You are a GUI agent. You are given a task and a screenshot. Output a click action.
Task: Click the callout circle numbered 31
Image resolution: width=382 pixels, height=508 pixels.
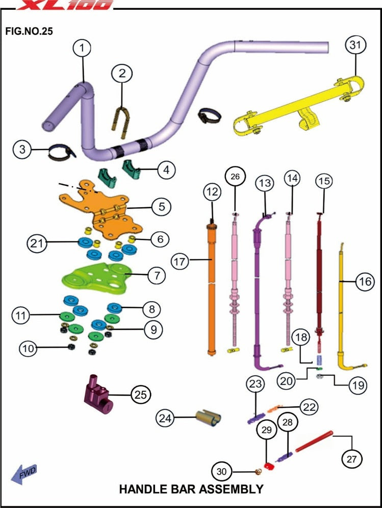tap(355, 45)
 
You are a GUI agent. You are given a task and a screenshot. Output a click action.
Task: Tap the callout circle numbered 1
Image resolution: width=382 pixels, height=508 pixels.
tap(82, 49)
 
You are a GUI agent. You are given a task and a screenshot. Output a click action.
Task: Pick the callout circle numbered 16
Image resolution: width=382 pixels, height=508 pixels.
tap(365, 281)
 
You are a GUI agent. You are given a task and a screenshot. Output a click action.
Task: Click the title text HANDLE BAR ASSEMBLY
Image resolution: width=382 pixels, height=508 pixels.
tap(191, 489)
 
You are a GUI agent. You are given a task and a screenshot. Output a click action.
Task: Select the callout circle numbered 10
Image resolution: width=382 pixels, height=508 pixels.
tap(29, 349)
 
